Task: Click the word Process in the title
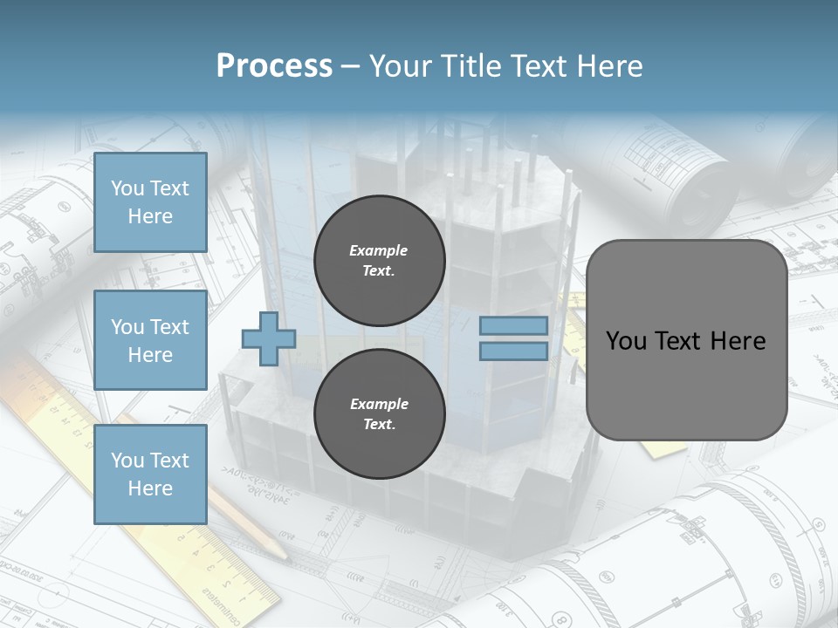pyautogui.click(x=274, y=66)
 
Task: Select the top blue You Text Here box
pyautogui.click(x=150, y=202)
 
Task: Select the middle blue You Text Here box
pyautogui.click(x=150, y=340)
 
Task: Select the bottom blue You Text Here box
pyautogui.click(x=150, y=474)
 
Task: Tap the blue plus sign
pyautogui.click(x=269, y=338)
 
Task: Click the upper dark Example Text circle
pyautogui.click(x=379, y=261)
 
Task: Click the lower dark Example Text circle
pyautogui.click(x=379, y=414)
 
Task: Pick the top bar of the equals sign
pyautogui.click(x=513, y=326)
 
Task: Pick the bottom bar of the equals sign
pyautogui.click(x=513, y=352)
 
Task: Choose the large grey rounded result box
pyautogui.click(x=686, y=384)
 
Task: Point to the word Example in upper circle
pyautogui.click(x=379, y=250)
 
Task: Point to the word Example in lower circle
pyautogui.click(x=379, y=404)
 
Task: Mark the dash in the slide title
pyautogui.click(x=350, y=67)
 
